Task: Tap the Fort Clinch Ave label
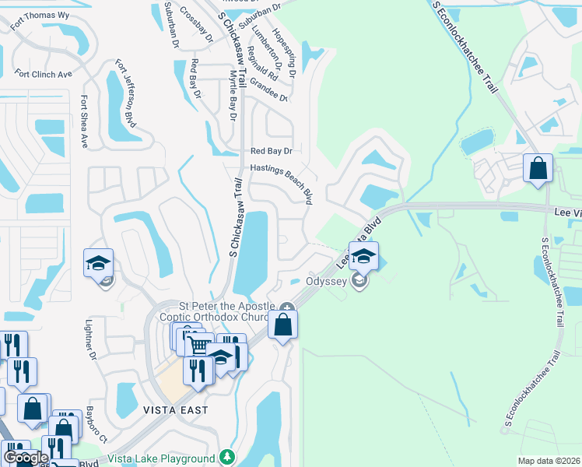point(43,74)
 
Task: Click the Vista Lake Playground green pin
point(226,457)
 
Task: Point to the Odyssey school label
point(326,281)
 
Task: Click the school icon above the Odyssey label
point(363,255)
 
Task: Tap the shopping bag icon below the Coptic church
point(282,325)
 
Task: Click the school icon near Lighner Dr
point(99,264)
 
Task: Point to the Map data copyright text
point(548,461)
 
